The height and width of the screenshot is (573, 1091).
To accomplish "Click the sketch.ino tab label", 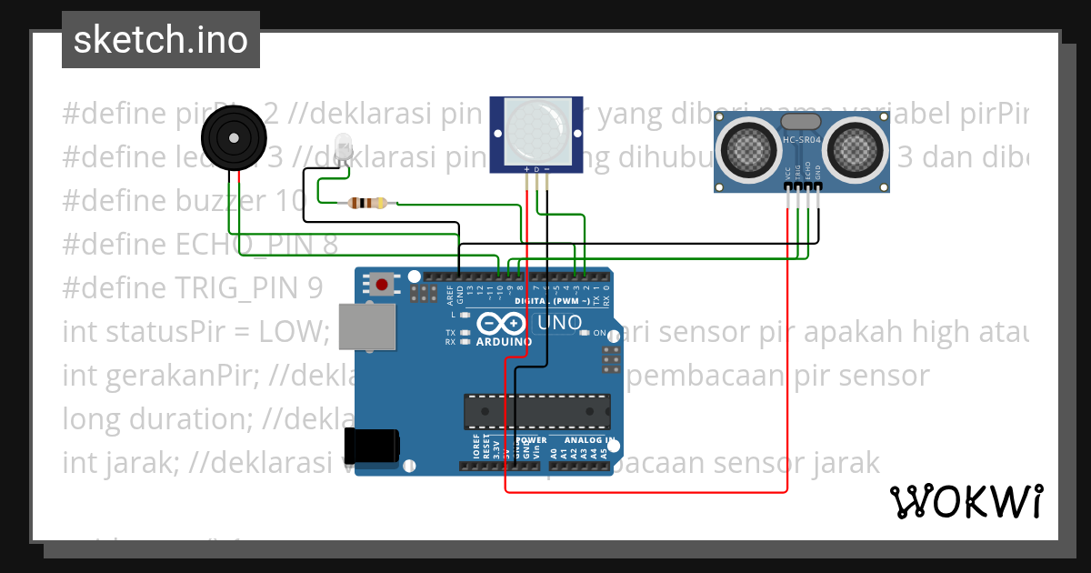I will coord(160,40).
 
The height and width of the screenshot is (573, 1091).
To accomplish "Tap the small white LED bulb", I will coord(344,146).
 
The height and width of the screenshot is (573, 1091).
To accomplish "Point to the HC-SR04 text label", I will coord(802,140).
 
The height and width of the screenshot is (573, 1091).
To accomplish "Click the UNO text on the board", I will coord(560,323).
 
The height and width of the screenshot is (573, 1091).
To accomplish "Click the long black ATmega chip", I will coord(536,410).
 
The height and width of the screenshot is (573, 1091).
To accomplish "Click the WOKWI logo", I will coord(966,501).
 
